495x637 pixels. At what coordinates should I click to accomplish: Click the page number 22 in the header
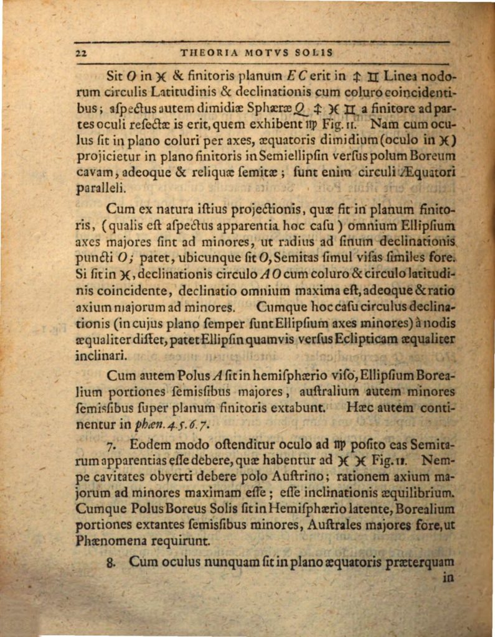click(x=81, y=53)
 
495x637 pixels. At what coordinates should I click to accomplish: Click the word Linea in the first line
click(x=400, y=77)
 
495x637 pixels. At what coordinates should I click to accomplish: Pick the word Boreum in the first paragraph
click(x=434, y=156)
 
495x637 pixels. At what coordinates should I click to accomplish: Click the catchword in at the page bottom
click(x=447, y=577)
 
